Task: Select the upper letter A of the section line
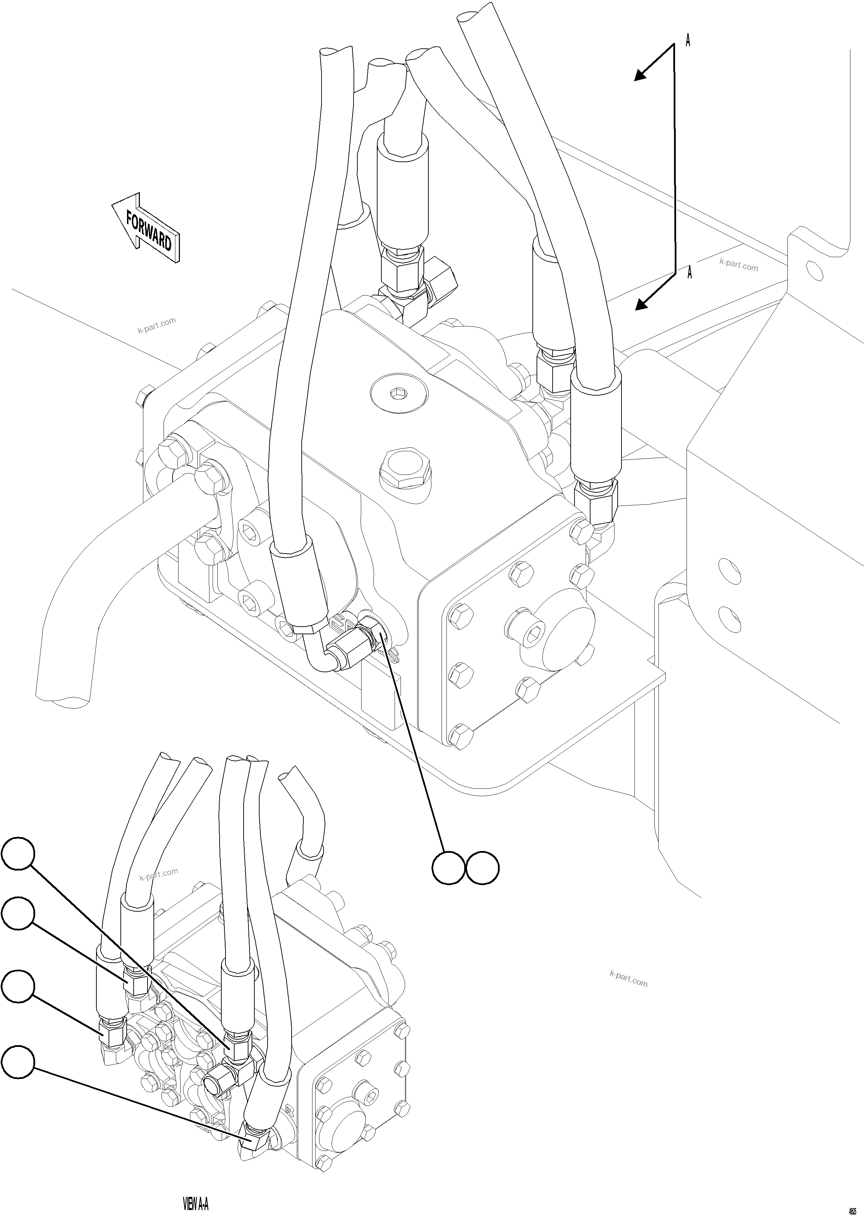point(688,40)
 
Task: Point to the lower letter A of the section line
point(690,273)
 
